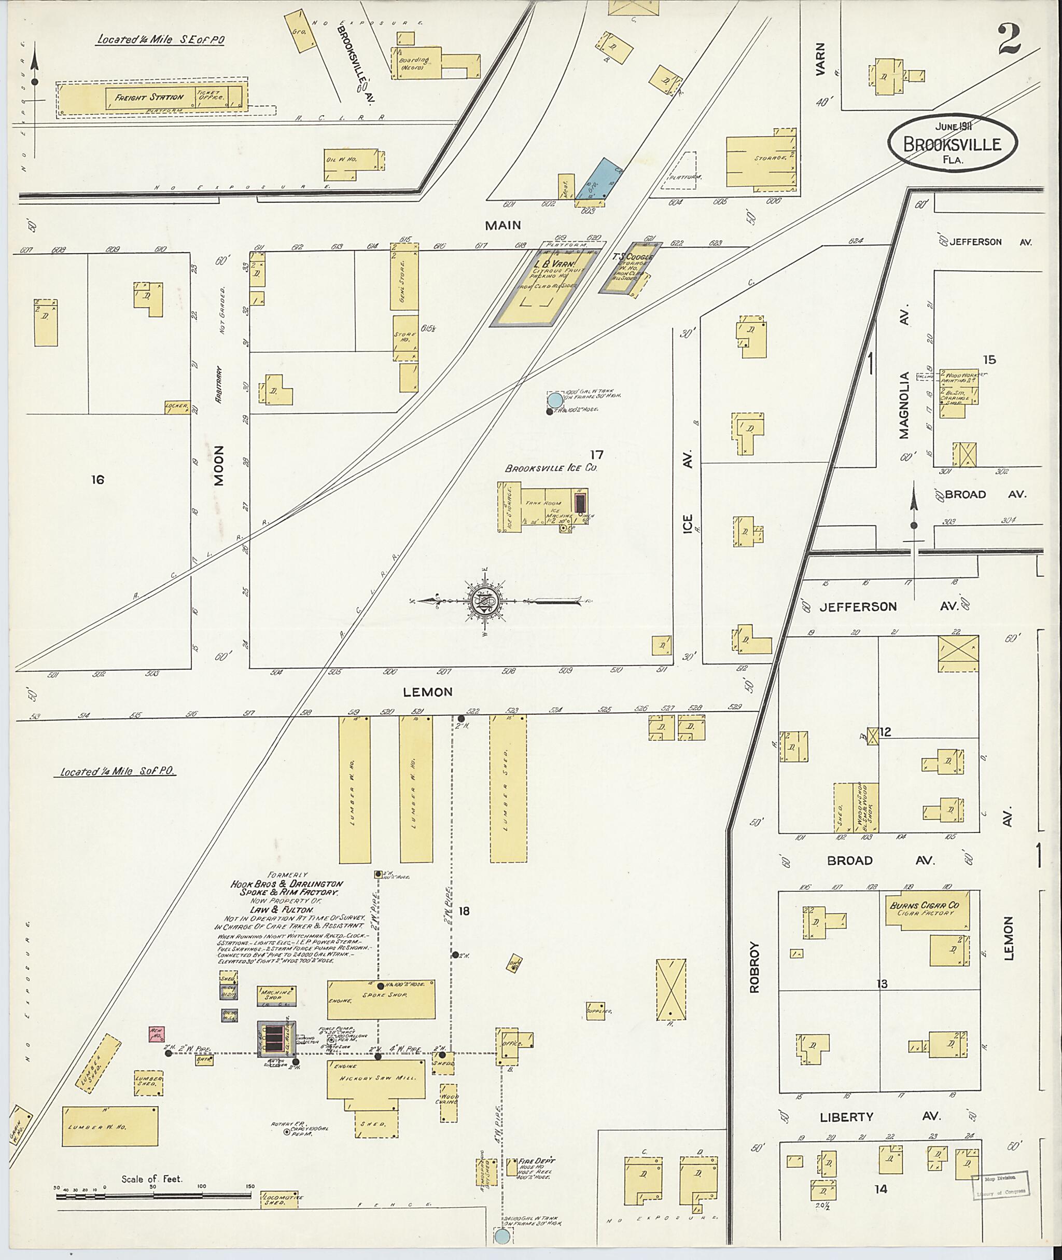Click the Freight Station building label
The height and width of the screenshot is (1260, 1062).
tap(149, 97)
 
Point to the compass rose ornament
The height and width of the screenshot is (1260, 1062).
tap(485, 601)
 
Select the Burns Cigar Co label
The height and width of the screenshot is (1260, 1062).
tap(924, 905)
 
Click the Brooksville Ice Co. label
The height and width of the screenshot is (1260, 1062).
tap(551, 468)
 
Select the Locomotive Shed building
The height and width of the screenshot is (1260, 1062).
tap(280, 1200)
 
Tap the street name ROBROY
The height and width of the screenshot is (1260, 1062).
tap(755, 967)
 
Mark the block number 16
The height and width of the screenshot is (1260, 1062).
tap(97, 479)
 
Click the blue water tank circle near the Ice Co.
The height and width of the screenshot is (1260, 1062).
tap(554, 400)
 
